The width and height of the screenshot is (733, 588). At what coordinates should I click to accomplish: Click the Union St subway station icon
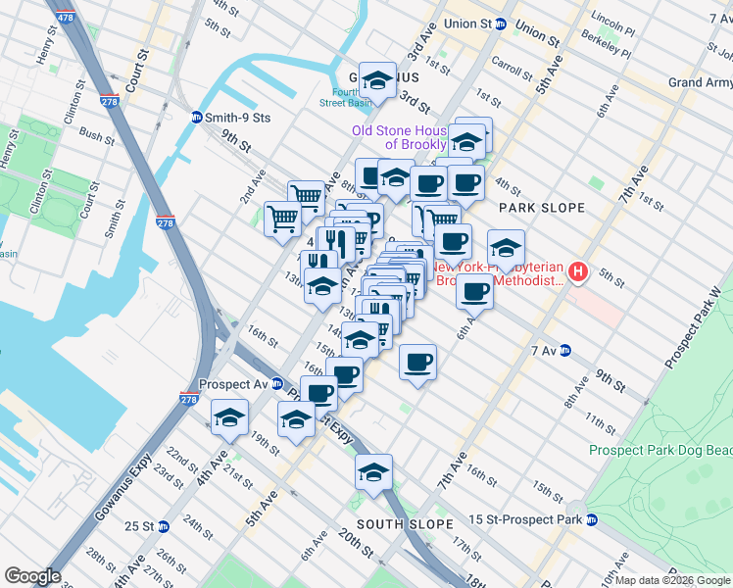[500, 24]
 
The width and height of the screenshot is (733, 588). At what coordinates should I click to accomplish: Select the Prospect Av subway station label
[232, 384]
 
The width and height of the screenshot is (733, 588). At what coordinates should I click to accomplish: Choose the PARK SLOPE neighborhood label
[541, 208]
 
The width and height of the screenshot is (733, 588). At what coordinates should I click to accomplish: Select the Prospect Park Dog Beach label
[660, 450]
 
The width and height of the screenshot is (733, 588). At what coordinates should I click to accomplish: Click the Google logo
[32, 576]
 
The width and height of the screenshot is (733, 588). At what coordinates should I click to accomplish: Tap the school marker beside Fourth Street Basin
[376, 78]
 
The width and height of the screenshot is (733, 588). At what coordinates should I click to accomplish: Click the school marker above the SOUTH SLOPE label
[373, 474]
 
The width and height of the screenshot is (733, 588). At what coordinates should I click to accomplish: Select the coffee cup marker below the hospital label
[475, 291]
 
